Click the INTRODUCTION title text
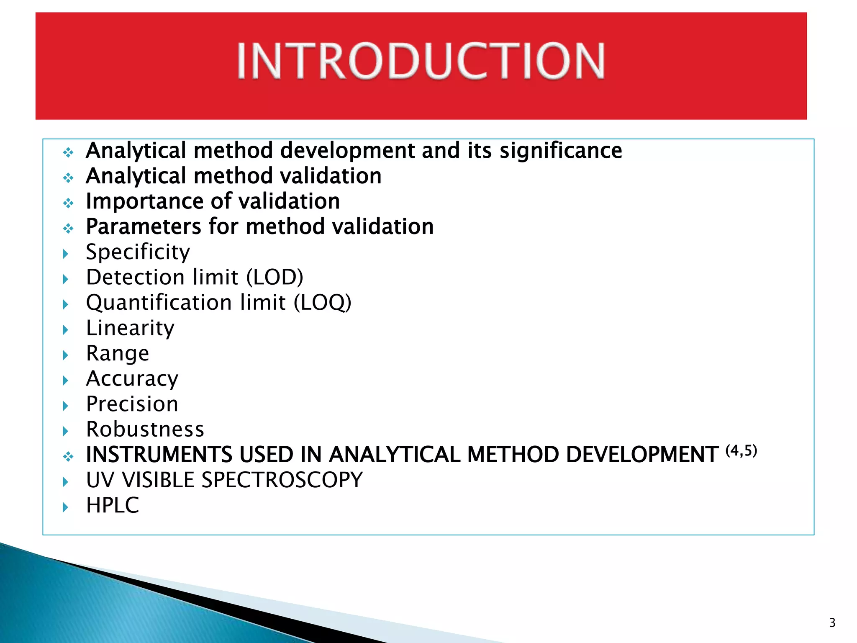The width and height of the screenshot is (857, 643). (421, 61)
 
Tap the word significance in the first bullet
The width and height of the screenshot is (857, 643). (561, 151)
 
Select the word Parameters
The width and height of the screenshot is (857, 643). (144, 227)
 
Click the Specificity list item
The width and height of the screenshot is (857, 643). (138, 252)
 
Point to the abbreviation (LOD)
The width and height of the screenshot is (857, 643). (275, 278)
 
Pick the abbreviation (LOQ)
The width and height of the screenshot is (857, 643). (322, 303)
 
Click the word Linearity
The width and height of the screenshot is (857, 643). (130, 328)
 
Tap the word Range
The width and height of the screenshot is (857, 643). (117, 354)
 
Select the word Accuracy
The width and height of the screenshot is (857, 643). (132, 379)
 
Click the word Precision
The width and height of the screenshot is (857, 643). (132, 404)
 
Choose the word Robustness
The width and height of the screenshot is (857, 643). (145, 430)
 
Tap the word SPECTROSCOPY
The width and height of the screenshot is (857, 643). (282, 480)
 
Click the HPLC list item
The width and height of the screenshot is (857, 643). (112, 506)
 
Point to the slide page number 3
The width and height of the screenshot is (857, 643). (832, 623)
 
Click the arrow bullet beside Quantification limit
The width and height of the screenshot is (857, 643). (66, 304)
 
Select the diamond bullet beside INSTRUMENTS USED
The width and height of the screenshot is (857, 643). (68, 457)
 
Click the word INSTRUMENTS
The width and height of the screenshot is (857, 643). (159, 455)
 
